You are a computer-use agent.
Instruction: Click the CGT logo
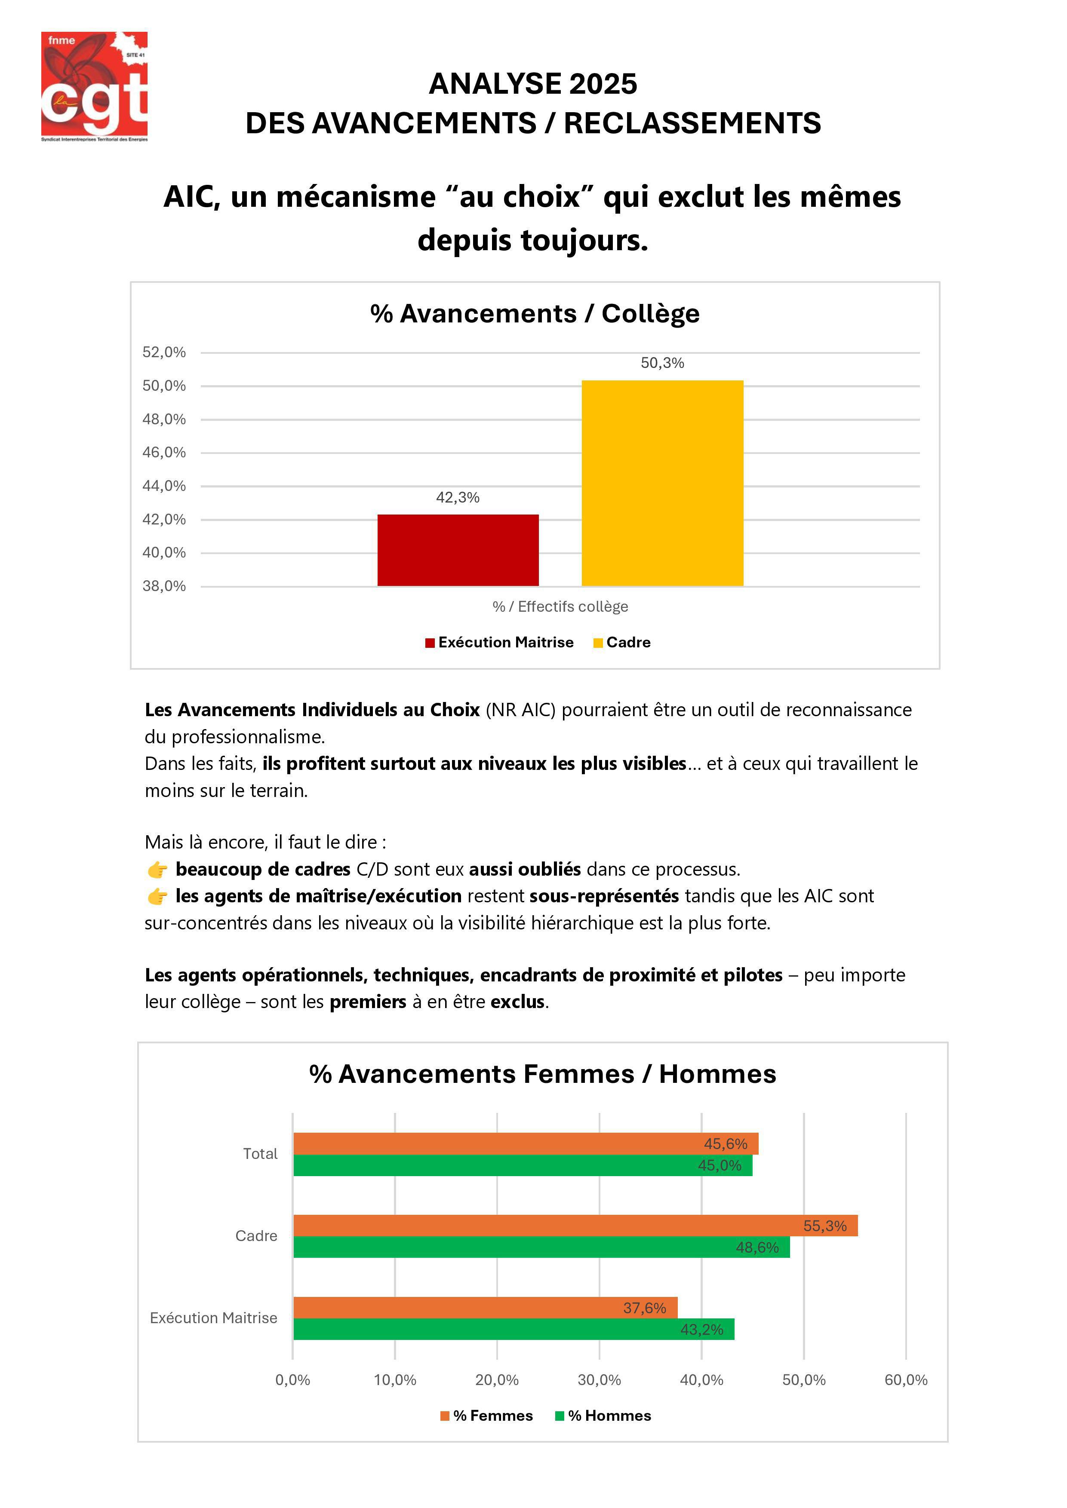pyautogui.click(x=94, y=86)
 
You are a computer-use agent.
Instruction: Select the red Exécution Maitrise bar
pyautogui.click(x=458, y=550)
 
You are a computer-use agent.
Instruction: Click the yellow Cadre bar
pyautogui.click(x=662, y=483)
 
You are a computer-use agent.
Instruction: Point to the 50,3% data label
pyautogui.click(x=662, y=363)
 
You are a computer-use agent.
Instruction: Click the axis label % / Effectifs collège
pyautogui.click(x=560, y=607)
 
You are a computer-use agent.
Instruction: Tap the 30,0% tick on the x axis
pyautogui.click(x=599, y=1380)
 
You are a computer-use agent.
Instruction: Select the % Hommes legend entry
pyautogui.click(x=603, y=1416)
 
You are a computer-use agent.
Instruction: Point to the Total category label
pyautogui.click(x=260, y=1154)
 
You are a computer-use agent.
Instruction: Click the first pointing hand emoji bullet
pyautogui.click(x=157, y=870)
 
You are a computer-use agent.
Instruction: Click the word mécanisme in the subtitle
pyautogui.click(x=355, y=197)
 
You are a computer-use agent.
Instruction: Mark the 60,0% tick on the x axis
pyautogui.click(x=905, y=1380)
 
